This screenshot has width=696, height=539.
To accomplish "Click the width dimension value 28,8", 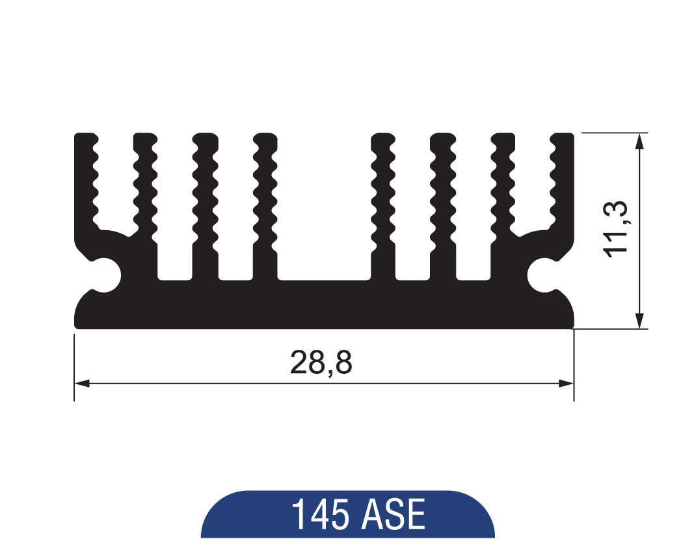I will point(321,363).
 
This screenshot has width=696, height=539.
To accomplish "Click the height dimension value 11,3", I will point(616,228).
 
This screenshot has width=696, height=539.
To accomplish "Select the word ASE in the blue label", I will point(394,515).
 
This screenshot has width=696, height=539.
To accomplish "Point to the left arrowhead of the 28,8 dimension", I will point(81,384).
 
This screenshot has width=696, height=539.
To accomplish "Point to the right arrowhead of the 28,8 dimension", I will point(567,384).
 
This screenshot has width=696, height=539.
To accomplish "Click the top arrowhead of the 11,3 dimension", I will point(640,140).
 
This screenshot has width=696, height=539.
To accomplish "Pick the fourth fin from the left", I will point(265,189).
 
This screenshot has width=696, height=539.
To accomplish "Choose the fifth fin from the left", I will point(383,189).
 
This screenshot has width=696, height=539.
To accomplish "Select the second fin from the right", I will point(503,189).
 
